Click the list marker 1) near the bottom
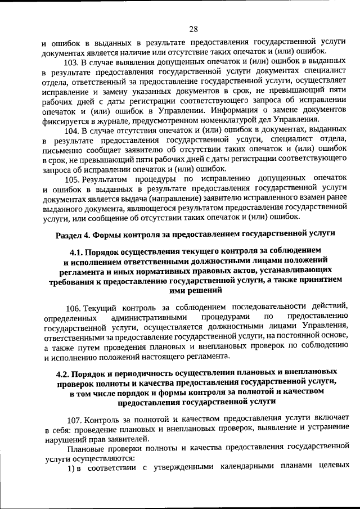pos(71,469)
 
